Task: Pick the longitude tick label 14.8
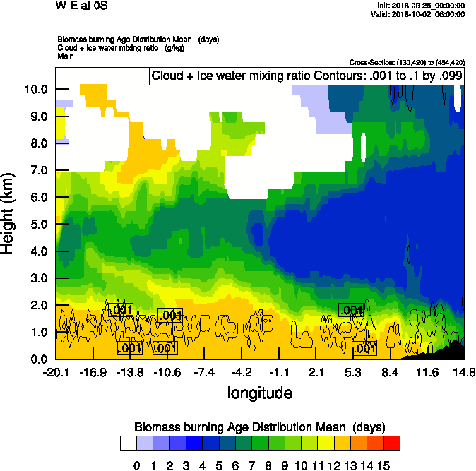pos(463,372)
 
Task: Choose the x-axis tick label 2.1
pos(316,372)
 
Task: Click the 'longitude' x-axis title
pos(259,392)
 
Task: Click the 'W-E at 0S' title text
pos(80,6)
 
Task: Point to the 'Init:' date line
pos(422,6)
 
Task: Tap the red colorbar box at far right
pos(392,443)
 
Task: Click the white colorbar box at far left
pos(128,443)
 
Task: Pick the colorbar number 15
pos(383,465)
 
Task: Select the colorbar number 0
pos(137,465)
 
